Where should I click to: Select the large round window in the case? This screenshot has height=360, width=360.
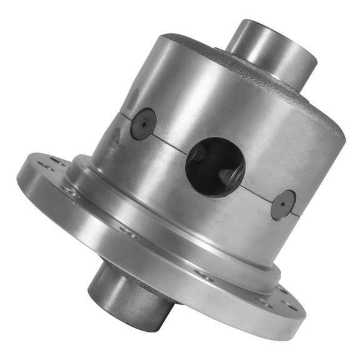point(215,167)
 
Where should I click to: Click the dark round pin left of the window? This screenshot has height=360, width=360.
point(143,123)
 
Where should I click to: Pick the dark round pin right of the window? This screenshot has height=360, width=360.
point(283,204)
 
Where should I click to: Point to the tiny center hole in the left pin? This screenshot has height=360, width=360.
point(143,123)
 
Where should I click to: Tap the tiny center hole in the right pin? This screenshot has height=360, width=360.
point(283,204)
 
